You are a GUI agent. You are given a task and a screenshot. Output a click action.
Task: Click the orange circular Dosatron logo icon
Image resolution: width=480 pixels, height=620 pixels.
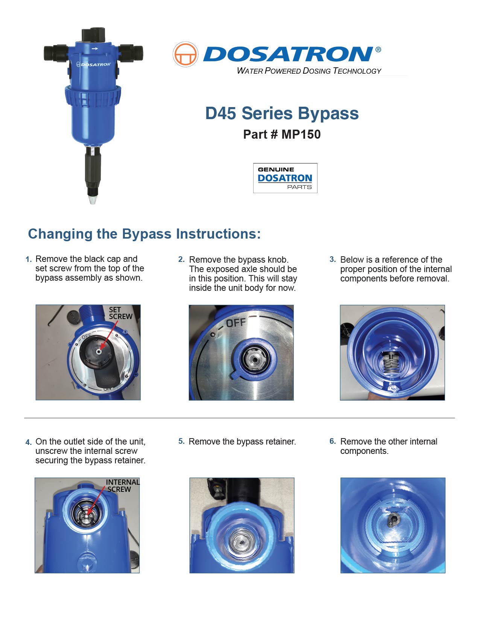click(185, 54)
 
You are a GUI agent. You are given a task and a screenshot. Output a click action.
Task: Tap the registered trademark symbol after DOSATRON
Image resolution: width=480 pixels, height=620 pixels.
click(378, 50)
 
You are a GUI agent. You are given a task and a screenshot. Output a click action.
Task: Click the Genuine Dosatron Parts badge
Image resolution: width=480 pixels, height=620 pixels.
click(285, 178)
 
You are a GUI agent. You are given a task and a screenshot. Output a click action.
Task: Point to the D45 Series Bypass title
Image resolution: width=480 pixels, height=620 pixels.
click(281, 113)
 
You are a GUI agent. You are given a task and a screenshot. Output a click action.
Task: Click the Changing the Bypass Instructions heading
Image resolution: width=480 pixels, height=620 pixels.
click(144, 234)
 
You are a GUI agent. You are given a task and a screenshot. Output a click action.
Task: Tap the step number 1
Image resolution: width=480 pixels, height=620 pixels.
click(28, 259)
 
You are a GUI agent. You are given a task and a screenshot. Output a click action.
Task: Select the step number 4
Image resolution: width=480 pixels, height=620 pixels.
click(28, 442)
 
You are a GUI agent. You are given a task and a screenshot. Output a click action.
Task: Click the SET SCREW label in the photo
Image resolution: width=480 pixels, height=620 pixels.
click(120, 313)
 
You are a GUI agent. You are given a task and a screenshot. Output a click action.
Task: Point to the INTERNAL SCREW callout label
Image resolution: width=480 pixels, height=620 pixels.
click(123, 485)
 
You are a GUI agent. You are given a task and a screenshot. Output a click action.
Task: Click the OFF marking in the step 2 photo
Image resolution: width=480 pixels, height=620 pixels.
click(235, 323)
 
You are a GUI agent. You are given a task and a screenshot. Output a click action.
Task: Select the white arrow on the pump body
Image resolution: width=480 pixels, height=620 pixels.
click(94, 49)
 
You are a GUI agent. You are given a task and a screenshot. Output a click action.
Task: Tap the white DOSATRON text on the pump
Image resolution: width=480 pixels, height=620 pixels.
click(96, 65)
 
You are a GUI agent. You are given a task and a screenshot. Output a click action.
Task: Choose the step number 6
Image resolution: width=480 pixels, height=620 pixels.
click(333, 441)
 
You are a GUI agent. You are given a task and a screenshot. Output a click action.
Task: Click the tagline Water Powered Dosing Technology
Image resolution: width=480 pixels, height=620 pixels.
click(309, 71)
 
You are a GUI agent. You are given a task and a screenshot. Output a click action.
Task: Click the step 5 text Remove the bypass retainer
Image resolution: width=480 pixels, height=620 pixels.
click(242, 442)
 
